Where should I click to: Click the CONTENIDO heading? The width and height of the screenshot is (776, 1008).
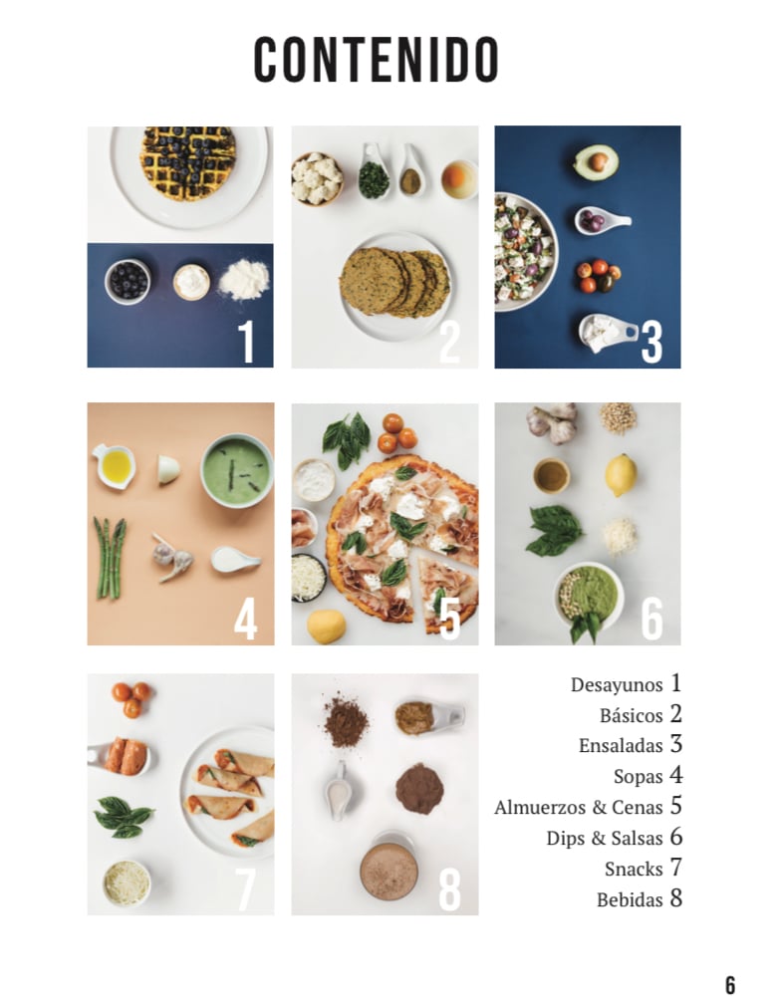point(377,60)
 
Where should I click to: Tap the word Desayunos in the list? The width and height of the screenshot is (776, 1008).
point(616,684)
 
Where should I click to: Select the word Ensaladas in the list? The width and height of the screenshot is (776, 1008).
point(621,745)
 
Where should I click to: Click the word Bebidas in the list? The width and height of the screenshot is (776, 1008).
point(630,899)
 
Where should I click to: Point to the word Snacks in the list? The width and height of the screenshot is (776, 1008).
point(634,869)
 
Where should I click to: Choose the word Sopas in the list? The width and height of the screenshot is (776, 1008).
point(638,776)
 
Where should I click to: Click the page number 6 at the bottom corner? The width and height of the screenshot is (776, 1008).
point(730,985)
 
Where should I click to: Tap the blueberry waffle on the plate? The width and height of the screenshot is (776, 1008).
point(187,162)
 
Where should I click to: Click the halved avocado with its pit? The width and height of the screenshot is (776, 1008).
point(596,161)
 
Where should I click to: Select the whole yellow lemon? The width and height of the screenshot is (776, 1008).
point(621,475)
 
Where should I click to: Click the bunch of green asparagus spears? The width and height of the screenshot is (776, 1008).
point(110,558)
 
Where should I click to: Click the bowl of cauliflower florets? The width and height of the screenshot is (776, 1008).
point(317,178)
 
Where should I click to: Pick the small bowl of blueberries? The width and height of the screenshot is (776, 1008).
point(128,281)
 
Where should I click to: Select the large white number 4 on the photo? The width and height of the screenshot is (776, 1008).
point(245,620)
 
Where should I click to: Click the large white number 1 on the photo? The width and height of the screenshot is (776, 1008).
point(247,342)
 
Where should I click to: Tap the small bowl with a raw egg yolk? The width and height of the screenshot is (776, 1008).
point(459,178)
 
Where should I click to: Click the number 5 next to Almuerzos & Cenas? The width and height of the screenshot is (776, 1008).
point(675,806)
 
